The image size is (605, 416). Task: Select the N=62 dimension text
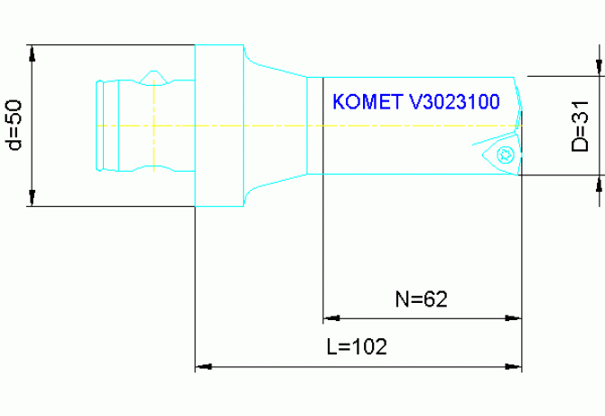(x=423, y=298)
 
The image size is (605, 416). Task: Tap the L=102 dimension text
(x=357, y=347)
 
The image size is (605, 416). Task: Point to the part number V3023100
(x=453, y=101)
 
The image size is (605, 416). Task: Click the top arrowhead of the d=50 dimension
(x=33, y=52)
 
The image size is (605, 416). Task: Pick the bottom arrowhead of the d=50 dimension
(x=33, y=199)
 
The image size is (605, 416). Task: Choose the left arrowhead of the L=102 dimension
(x=203, y=366)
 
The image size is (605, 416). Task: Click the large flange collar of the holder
(x=218, y=126)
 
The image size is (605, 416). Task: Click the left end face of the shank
(x=97, y=125)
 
